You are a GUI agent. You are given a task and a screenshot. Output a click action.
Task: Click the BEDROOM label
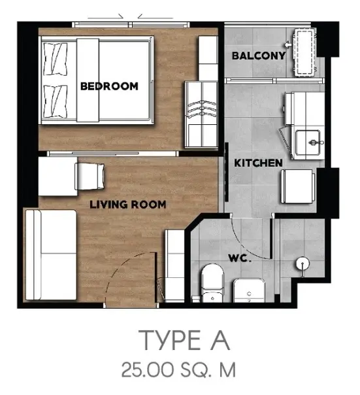point(109,86)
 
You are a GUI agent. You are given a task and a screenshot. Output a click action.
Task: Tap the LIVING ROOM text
point(128,204)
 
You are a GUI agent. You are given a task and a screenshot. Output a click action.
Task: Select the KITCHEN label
point(258,163)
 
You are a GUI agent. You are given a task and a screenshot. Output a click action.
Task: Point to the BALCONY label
point(259,56)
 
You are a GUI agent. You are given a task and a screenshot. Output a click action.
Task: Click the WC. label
point(240,258)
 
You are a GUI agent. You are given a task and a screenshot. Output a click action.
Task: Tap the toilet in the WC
point(212,283)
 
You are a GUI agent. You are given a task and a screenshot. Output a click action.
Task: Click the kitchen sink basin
point(308,143)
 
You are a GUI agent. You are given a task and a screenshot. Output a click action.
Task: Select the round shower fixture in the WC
point(303,264)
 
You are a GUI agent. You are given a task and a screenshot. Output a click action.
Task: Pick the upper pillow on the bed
point(56,59)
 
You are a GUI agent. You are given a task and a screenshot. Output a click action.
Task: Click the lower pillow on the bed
point(56,101)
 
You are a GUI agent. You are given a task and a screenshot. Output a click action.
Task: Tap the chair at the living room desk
point(90,177)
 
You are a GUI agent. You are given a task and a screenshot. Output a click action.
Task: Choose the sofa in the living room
point(51,254)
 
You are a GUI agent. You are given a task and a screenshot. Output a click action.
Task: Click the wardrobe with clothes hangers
point(201,114)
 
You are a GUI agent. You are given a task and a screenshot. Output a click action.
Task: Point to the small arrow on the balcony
point(287,45)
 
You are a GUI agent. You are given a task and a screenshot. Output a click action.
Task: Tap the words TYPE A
point(184,340)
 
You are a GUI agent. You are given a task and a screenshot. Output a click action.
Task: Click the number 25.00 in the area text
point(148,369)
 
